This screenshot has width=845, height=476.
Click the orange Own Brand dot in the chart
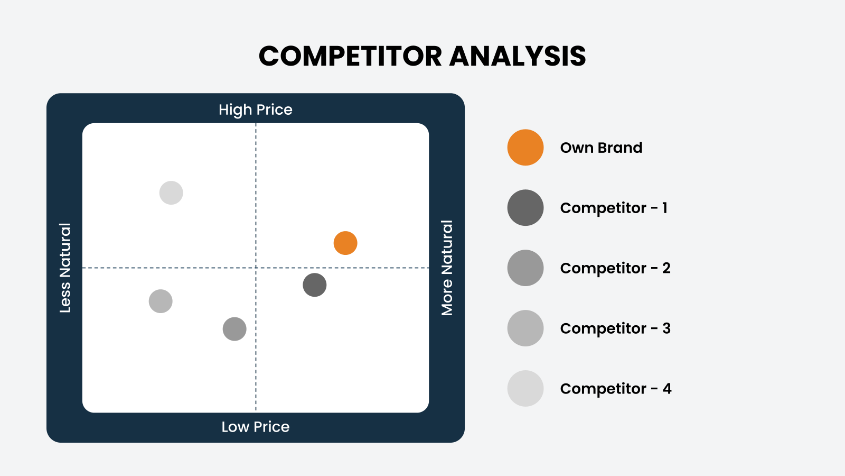tap(345, 243)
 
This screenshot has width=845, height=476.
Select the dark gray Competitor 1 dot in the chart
tap(315, 285)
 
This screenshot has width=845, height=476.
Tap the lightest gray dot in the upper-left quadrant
tap(171, 193)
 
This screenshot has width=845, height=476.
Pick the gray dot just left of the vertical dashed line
tap(234, 329)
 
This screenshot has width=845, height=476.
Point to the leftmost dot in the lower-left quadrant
tap(161, 301)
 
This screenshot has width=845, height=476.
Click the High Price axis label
tap(256, 110)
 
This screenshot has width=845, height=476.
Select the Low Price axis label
tap(256, 427)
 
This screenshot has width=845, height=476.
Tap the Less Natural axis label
tap(65, 268)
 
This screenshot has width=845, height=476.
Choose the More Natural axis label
tap(447, 268)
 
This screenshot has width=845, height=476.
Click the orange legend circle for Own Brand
tap(525, 148)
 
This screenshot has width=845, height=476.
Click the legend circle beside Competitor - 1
tap(525, 208)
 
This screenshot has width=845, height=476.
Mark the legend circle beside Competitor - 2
tap(525, 268)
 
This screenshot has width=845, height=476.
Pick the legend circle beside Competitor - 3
tap(525, 328)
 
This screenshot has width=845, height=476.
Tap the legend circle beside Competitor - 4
tap(525, 389)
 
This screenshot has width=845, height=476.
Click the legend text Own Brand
tap(601, 148)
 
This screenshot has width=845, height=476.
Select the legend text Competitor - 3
tap(615, 328)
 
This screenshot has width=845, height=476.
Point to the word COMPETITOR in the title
tap(350, 56)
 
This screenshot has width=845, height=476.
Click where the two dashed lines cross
tap(256, 268)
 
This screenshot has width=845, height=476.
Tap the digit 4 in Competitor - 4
tap(667, 389)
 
